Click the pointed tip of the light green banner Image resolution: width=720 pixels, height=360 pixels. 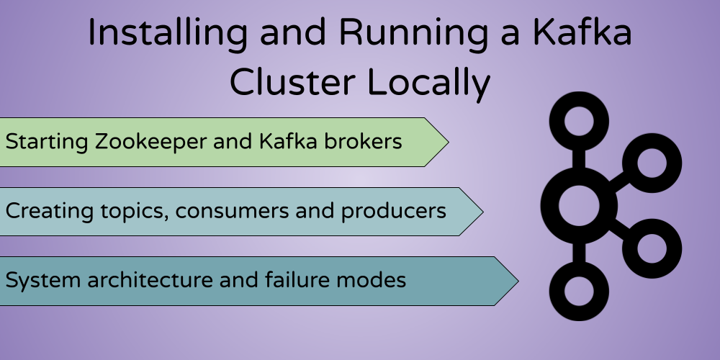[x=447, y=142]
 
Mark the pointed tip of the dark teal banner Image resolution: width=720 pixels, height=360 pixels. [x=516, y=281]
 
